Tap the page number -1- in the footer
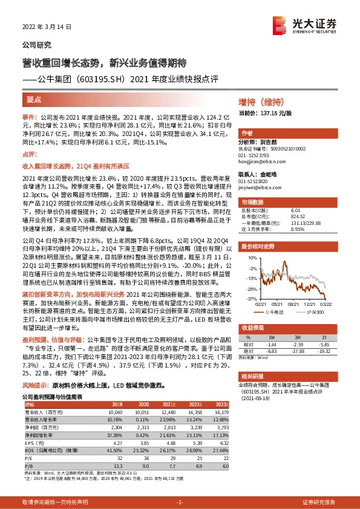point(180,502)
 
